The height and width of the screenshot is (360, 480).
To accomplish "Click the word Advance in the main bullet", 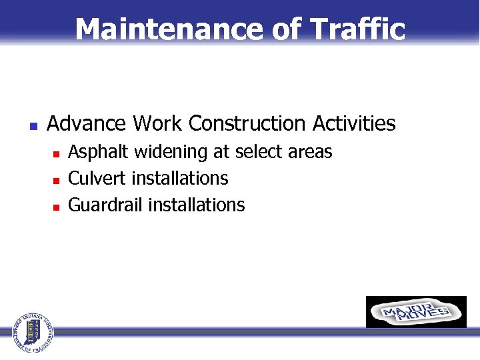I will [87, 124].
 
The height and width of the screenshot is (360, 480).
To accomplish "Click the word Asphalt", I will [99, 153].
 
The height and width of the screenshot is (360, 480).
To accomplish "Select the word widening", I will [171, 153].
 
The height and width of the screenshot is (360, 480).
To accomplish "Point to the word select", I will [256, 153].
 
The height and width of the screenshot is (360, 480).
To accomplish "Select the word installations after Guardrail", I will [197, 205].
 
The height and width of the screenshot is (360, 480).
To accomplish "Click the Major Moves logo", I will [416, 312].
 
